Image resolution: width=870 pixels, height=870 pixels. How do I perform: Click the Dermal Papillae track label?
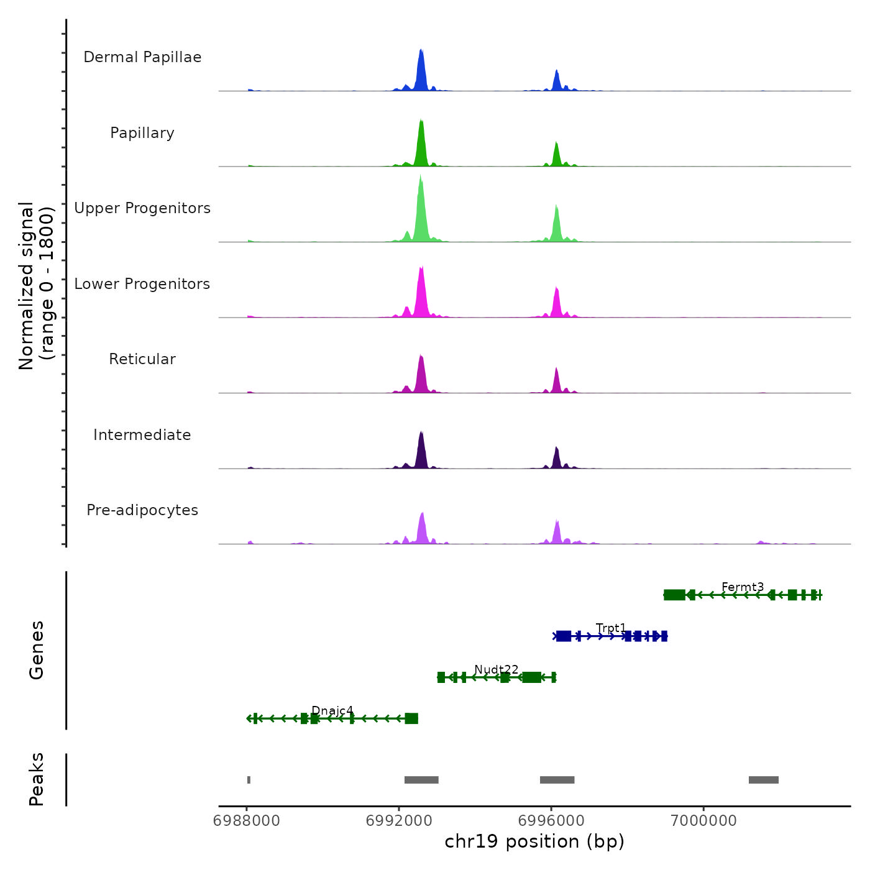[142, 57]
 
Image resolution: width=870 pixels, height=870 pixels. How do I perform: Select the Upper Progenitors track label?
[142, 208]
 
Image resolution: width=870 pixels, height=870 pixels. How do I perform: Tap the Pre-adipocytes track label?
[142, 510]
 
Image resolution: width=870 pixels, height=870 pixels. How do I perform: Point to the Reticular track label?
[142, 359]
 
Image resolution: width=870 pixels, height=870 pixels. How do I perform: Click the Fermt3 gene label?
[743, 587]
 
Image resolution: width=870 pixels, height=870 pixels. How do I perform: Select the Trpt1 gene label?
[611, 628]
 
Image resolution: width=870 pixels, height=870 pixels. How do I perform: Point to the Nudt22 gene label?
[497, 669]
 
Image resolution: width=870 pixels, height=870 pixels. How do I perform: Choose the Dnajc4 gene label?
[332, 710]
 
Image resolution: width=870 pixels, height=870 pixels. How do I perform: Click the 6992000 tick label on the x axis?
[399, 821]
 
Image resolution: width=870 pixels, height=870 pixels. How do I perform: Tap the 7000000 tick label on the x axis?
[704, 821]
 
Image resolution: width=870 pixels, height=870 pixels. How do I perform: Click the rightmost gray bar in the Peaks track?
[764, 780]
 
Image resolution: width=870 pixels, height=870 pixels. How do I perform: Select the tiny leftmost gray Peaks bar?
[249, 780]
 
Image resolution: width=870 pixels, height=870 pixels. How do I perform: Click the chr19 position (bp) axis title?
[534, 841]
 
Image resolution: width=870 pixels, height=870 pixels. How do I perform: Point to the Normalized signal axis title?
[36, 286]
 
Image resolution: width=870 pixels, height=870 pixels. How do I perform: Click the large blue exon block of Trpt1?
[564, 636]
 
